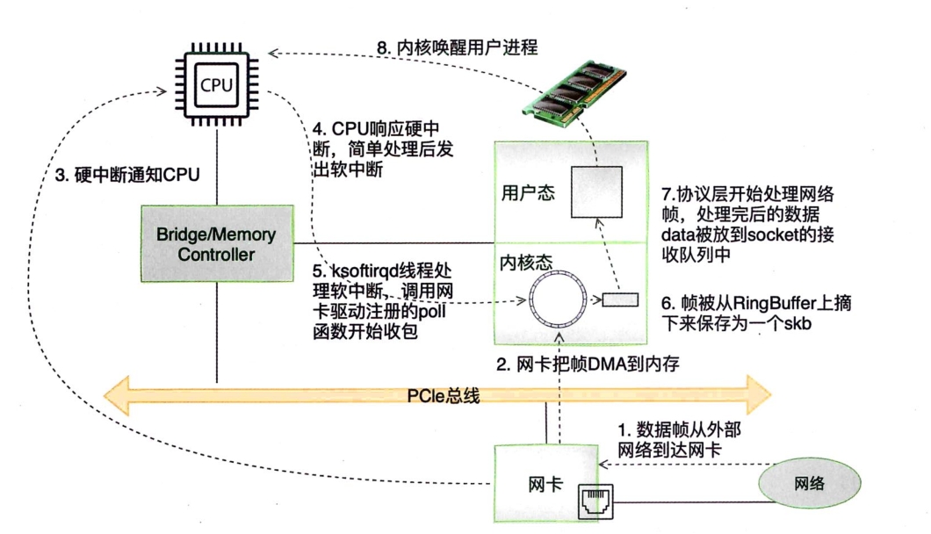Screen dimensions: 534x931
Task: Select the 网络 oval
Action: (809, 483)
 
